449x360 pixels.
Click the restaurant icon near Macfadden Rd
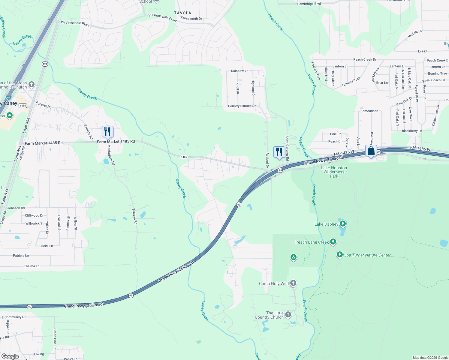point(107,132)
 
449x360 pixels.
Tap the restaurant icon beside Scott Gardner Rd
point(279,152)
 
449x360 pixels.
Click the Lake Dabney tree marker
point(343,224)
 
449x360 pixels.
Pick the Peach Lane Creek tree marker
point(333,242)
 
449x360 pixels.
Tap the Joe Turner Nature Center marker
point(339,255)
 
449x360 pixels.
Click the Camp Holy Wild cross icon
point(293,283)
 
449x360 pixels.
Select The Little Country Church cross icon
point(288,314)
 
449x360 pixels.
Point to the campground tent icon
point(294,257)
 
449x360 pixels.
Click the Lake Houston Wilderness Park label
point(334,172)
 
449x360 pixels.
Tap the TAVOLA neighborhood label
point(182,13)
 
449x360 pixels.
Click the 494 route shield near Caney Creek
point(45,64)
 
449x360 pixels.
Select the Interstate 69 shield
point(9,97)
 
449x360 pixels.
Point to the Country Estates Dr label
point(242,106)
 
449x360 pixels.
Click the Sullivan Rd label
point(135,216)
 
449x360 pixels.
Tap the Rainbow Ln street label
point(240,71)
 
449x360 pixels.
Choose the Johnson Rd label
point(16,208)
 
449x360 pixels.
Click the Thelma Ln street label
point(32,266)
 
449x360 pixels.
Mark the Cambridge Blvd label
point(309,4)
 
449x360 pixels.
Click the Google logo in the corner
point(10,356)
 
